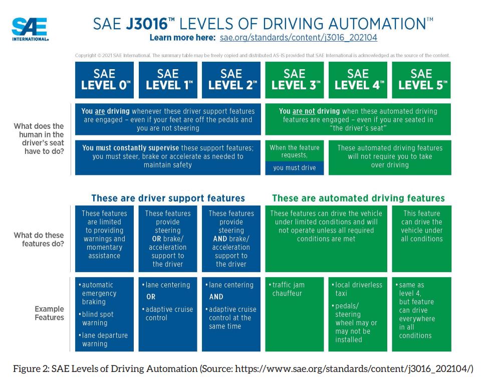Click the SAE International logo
[x=30, y=29]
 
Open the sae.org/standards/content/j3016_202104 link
[x=298, y=38]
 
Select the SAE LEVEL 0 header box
[x=104, y=80]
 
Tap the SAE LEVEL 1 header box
[x=168, y=80]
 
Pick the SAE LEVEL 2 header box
[x=231, y=80]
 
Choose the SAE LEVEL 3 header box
[x=295, y=80]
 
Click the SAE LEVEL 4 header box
[x=358, y=80]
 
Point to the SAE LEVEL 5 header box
[x=421, y=80]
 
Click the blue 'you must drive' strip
[x=295, y=168]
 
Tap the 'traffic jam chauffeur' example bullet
[x=287, y=289]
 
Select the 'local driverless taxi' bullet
[x=357, y=289]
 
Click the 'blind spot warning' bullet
[x=96, y=318]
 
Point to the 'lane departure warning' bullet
[x=103, y=339]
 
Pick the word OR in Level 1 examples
[x=151, y=297]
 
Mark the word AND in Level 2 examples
[x=216, y=297]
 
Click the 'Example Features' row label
[x=49, y=313]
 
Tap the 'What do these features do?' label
[x=39, y=239]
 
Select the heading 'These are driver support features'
[x=168, y=198]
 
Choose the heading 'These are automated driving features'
[x=358, y=198]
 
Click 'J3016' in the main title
[x=147, y=24]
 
